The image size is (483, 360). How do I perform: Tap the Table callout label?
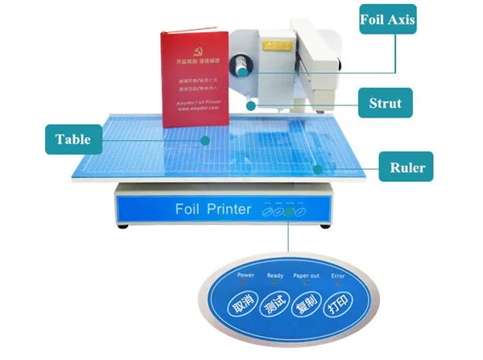point(73,140)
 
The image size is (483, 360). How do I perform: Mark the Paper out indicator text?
point(306,275)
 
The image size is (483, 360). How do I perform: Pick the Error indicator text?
point(338,275)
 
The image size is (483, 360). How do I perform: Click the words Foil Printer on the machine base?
point(213,209)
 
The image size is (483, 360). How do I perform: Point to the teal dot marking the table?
point(206,140)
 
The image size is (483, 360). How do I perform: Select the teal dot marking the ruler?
point(319,169)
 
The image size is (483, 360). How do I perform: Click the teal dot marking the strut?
point(252,104)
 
